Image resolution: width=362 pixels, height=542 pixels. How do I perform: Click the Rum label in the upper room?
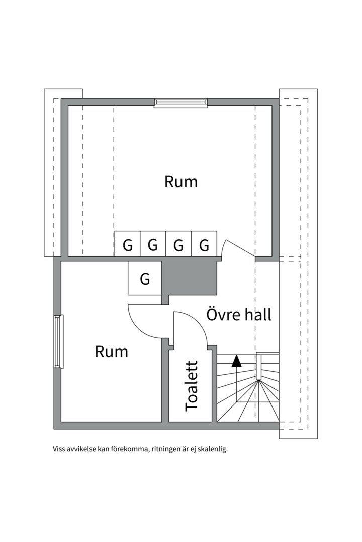181,182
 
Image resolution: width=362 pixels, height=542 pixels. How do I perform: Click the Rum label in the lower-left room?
111,352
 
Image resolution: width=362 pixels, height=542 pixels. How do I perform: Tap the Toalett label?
192,385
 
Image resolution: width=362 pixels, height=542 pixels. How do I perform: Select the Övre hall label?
239,315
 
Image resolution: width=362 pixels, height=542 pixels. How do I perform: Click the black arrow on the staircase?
236,360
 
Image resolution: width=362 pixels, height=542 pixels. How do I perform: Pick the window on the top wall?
180,103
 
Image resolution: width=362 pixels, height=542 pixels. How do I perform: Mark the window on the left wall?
59,341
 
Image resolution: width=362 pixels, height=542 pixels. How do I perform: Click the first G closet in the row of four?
128,245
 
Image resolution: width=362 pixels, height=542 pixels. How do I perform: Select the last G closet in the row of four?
204,245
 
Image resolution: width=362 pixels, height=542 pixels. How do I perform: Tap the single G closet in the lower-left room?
145,279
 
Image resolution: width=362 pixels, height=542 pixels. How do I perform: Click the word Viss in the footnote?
59,449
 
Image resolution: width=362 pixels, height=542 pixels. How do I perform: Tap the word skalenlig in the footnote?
213,449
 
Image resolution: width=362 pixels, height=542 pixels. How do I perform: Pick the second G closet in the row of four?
153,245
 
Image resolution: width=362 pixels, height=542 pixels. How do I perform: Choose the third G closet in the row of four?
178,245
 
